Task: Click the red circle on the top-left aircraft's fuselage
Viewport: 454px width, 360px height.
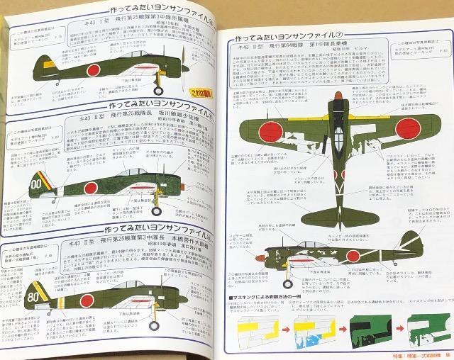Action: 92,69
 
